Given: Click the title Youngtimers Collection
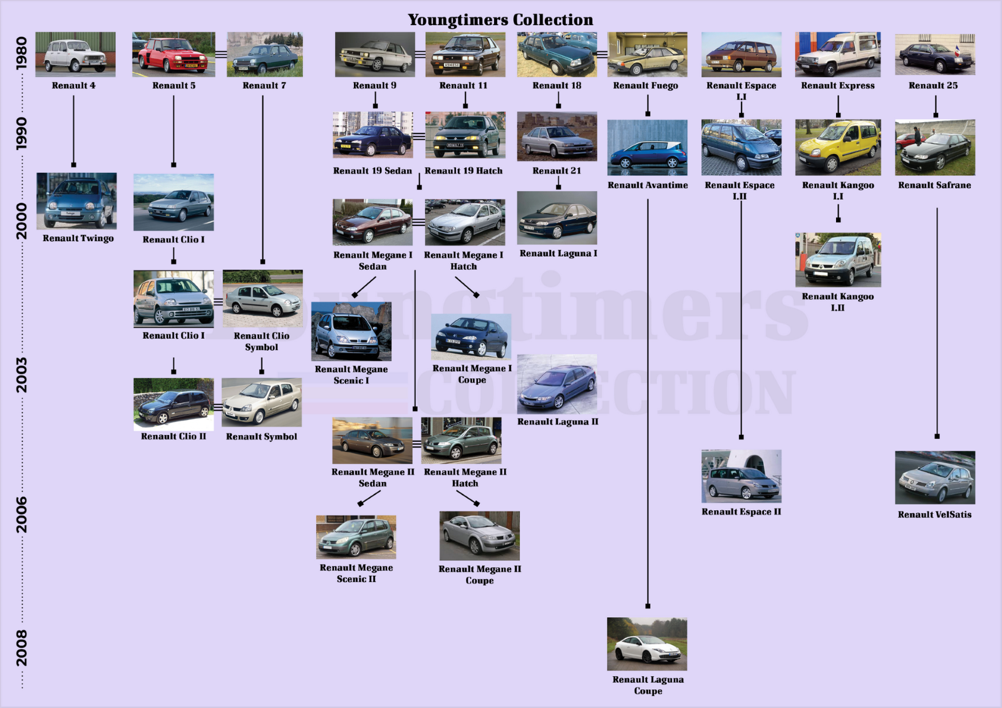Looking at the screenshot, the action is point(500,19).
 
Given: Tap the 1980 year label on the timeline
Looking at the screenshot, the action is point(21,53).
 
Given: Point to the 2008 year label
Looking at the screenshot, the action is point(21,648).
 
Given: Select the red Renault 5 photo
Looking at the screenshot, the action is point(173,54).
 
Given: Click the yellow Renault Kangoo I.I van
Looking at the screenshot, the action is point(838,147).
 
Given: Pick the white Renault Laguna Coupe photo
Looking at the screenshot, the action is point(647,644).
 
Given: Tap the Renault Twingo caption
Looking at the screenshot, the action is point(78,238).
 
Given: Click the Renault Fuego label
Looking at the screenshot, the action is point(646,85).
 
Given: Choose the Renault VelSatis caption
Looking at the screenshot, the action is point(934,515).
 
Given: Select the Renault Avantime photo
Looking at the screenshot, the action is point(648,148).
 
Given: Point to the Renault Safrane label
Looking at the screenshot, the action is point(934,185).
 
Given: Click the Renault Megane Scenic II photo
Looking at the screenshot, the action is point(356,537).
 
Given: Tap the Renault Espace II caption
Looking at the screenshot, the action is point(741,511).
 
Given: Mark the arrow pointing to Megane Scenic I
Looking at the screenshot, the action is point(364,287).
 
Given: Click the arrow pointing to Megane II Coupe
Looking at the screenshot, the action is point(468,498).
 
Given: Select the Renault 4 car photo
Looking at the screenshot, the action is point(76,54).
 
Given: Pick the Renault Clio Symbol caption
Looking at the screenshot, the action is point(262,341).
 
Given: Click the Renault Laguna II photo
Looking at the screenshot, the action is point(557,384).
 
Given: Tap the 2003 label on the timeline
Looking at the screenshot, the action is point(21,375).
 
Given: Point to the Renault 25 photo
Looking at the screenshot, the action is point(935,54).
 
